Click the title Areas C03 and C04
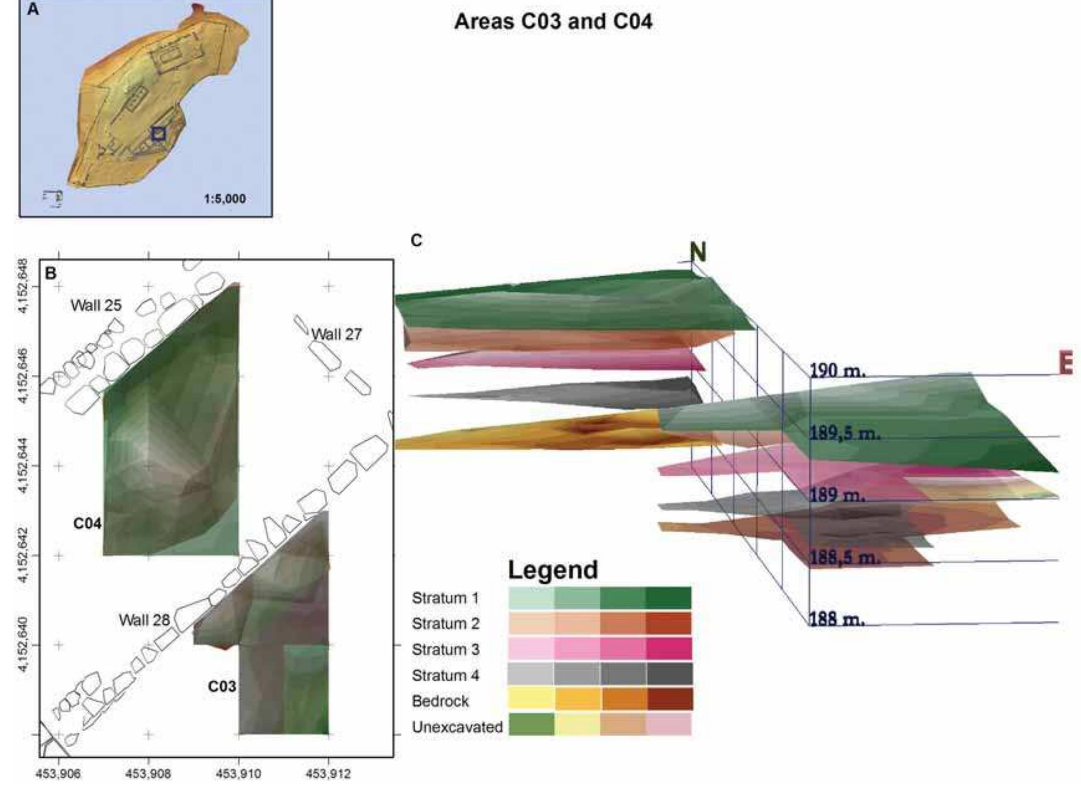[553, 22]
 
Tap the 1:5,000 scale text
[225, 199]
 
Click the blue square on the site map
[158, 134]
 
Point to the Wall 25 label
[96, 305]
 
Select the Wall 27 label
[336, 334]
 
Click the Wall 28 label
[144, 620]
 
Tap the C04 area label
[87, 523]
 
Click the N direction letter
[698, 252]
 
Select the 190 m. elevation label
[837, 371]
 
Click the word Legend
[553, 570]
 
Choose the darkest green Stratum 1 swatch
[668, 598]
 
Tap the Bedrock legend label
[440, 701]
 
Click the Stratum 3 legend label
[445, 650]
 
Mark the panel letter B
[51, 273]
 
